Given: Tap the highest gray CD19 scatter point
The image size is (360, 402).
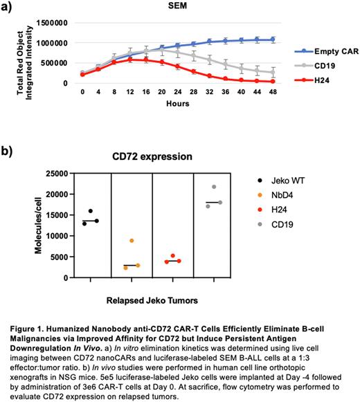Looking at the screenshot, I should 214,187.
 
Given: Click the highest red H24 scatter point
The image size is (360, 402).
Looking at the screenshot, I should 172,256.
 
